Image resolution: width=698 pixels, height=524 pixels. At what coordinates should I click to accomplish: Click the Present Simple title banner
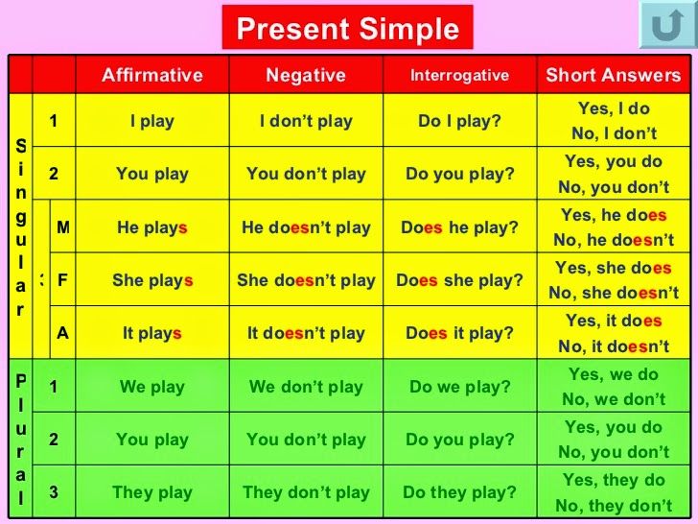click(x=347, y=28)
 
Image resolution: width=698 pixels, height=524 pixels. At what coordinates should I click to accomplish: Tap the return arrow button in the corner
click(x=667, y=25)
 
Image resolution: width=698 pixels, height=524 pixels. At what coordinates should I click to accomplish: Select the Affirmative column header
click(x=152, y=75)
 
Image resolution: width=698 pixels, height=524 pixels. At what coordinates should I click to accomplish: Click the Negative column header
click(x=306, y=75)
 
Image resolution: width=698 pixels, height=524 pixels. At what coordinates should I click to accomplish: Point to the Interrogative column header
click(x=459, y=75)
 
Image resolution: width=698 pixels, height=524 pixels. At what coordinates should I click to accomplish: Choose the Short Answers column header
click(x=614, y=75)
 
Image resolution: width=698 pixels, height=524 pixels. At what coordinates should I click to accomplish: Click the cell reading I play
click(x=152, y=121)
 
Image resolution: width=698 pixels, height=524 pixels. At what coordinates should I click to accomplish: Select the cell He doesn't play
click(x=306, y=227)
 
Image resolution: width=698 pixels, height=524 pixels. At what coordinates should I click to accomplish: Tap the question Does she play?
click(x=459, y=280)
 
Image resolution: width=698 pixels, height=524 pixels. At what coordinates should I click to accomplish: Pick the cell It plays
click(x=152, y=333)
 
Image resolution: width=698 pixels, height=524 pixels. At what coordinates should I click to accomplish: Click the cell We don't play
click(x=306, y=387)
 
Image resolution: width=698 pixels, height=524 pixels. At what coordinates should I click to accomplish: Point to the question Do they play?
click(x=459, y=492)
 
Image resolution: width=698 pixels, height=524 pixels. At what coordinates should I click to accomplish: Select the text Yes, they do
click(x=614, y=480)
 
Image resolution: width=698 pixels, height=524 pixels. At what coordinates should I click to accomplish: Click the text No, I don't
click(x=614, y=132)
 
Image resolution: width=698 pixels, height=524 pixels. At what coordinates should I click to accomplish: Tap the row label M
click(x=62, y=227)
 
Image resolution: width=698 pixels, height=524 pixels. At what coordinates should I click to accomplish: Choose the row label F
click(x=62, y=280)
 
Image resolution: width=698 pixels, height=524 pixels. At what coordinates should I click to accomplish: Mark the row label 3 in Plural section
click(x=54, y=492)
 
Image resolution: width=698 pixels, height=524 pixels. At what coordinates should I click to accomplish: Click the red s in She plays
click(x=188, y=280)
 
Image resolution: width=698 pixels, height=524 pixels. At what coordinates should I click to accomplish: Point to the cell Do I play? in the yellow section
click(x=459, y=121)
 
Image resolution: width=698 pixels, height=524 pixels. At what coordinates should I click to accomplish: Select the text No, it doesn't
click(x=614, y=346)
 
